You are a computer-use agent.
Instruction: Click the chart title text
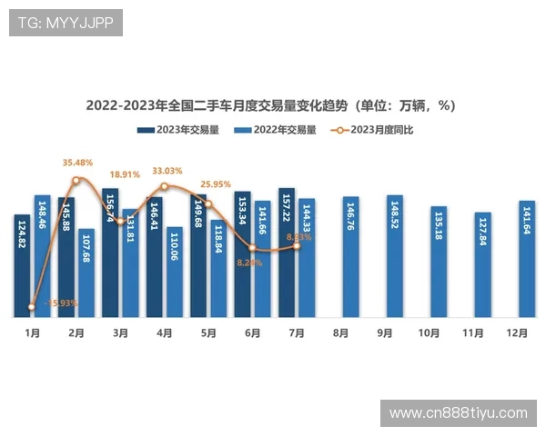(270, 105)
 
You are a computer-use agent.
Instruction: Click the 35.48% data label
(77, 163)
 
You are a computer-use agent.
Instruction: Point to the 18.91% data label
(125, 174)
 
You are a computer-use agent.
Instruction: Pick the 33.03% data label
(167, 171)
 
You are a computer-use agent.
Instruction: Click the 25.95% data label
(216, 183)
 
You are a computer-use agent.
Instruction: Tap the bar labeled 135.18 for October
(439, 263)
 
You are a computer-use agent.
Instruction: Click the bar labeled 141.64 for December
(527, 259)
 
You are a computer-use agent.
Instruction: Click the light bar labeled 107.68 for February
(86, 273)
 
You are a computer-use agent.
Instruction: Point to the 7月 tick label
(297, 333)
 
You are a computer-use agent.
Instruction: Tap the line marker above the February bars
(76, 180)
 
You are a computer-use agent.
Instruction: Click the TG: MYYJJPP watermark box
(66, 23)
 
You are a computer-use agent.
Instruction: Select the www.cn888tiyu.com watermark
(459, 413)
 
